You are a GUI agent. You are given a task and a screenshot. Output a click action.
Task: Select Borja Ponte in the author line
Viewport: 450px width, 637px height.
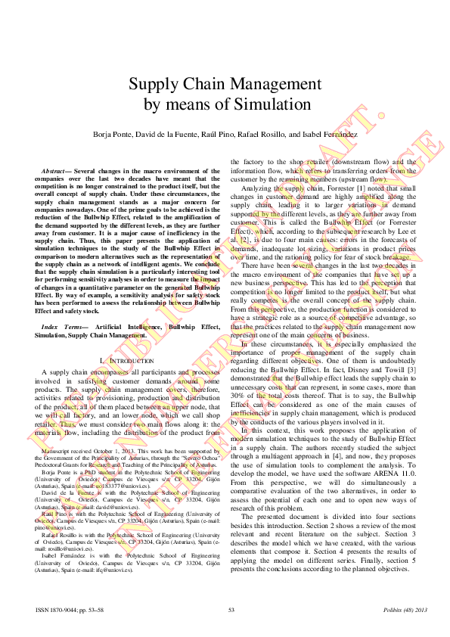tap(113, 134)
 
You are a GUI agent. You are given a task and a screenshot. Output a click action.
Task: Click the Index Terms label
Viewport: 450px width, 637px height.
tap(61, 325)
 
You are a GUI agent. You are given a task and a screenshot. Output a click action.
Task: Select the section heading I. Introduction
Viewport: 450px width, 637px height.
tap(127, 361)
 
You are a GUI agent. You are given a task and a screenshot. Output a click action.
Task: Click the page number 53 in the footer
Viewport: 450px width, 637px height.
tap(231, 609)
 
